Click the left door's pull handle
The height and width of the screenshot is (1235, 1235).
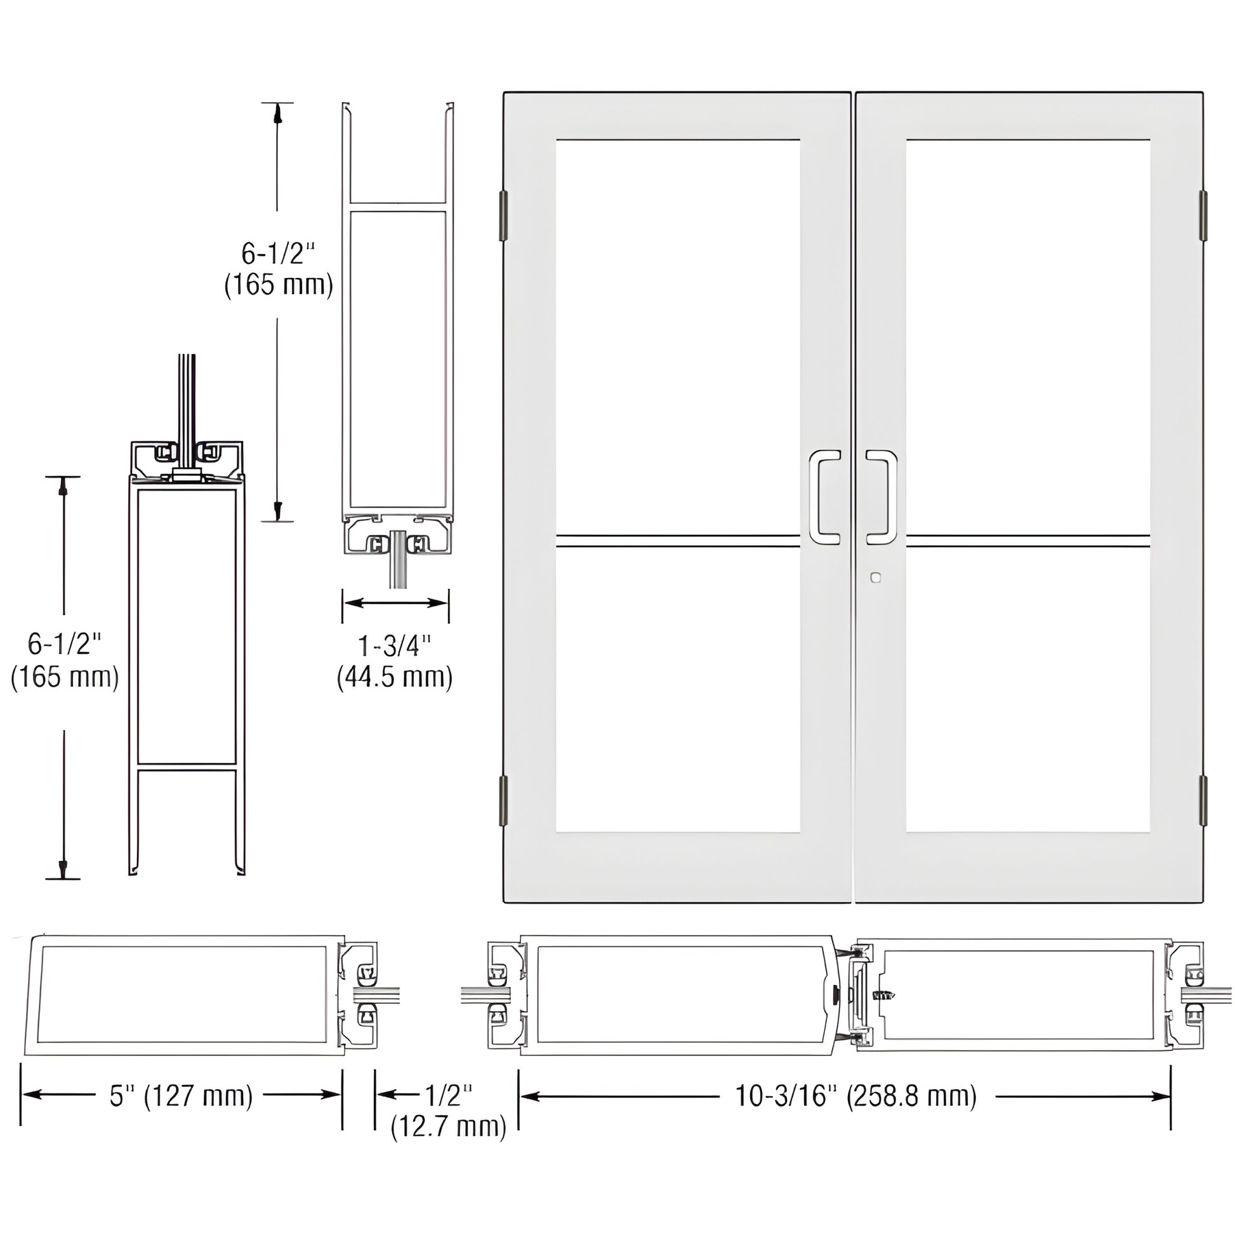[x=824, y=498]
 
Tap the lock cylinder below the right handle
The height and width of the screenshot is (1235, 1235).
[x=875, y=578]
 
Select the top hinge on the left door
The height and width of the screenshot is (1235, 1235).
[x=503, y=215]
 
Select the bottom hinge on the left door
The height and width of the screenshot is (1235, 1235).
[x=503, y=800]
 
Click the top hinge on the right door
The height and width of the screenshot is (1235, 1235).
[x=1203, y=215]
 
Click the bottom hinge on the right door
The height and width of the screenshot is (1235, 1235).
[x=1203, y=800]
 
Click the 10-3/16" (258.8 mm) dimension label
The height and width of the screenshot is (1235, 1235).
[x=856, y=1096]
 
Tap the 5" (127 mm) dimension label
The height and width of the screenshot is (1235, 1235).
[x=182, y=1095]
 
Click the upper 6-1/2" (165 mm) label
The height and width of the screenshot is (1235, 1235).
[x=279, y=269]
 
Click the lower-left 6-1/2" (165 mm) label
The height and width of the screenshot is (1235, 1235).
[x=65, y=659]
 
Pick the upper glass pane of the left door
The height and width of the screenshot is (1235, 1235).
[x=678, y=336]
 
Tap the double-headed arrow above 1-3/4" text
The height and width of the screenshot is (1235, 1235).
[x=395, y=603]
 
